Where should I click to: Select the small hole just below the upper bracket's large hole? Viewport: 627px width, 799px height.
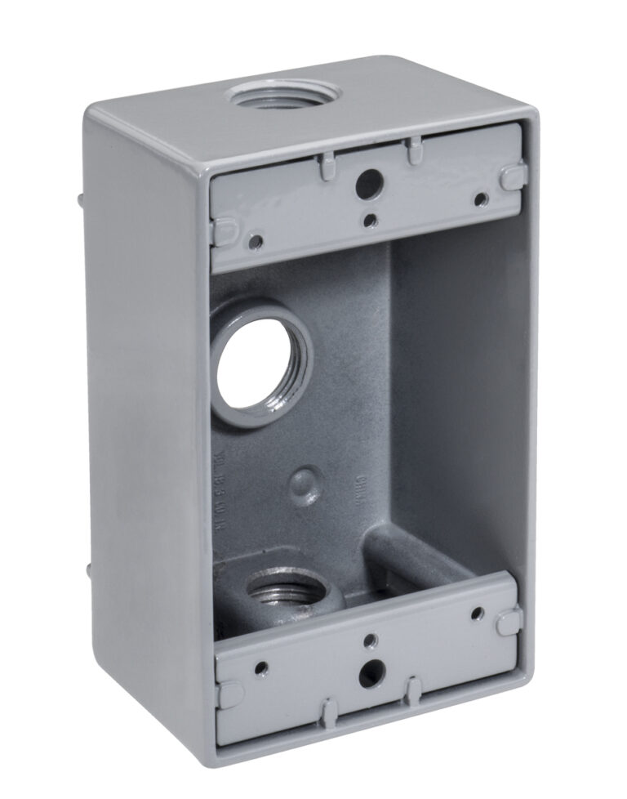click(371, 220)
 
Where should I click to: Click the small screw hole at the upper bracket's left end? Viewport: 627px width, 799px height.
click(257, 240)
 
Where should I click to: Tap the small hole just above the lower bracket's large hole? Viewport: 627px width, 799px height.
click(370, 640)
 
